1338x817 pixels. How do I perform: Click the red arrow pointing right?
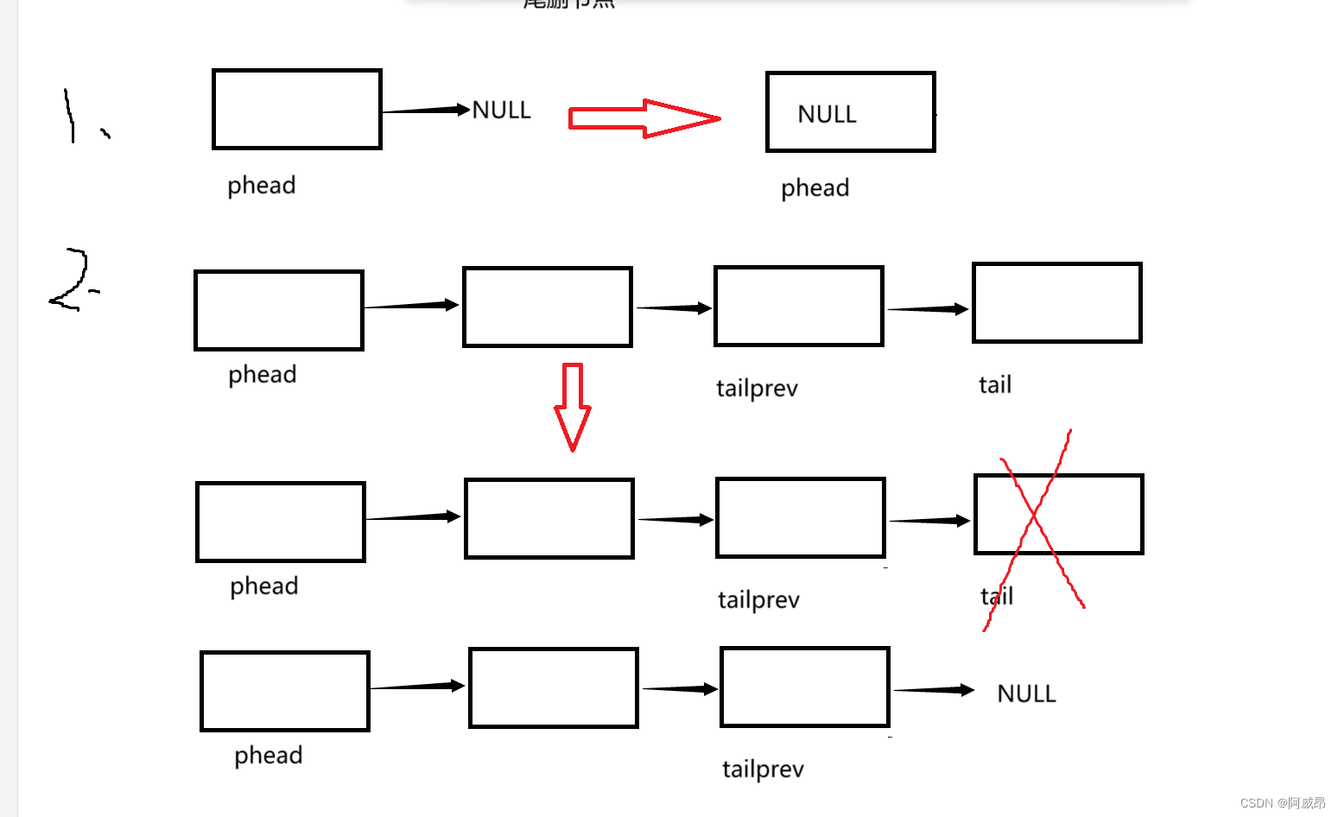(644, 119)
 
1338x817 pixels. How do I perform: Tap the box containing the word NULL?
(850, 112)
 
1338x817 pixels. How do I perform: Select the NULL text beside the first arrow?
(501, 110)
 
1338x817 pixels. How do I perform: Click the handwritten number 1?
(70, 116)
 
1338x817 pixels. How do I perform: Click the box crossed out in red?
(1058, 514)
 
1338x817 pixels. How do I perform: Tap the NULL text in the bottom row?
(1026, 693)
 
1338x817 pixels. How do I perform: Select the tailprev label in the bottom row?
(763, 769)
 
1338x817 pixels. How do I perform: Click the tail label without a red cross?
(994, 384)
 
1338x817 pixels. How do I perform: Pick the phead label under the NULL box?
(815, 188)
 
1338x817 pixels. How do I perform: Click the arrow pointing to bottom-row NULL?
(933, 690)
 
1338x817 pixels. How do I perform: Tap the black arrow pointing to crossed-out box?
(929, 521)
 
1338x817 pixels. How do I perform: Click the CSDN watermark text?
(1282, 803)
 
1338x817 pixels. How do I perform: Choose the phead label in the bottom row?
(268, 756)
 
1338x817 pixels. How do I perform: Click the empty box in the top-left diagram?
(296, 110)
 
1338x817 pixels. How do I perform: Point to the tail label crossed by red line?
(997, 596)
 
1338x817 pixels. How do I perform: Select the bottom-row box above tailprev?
(804, 687)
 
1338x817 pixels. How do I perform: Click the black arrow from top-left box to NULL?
(425, 110)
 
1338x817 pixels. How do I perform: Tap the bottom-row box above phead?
(285, 691)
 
